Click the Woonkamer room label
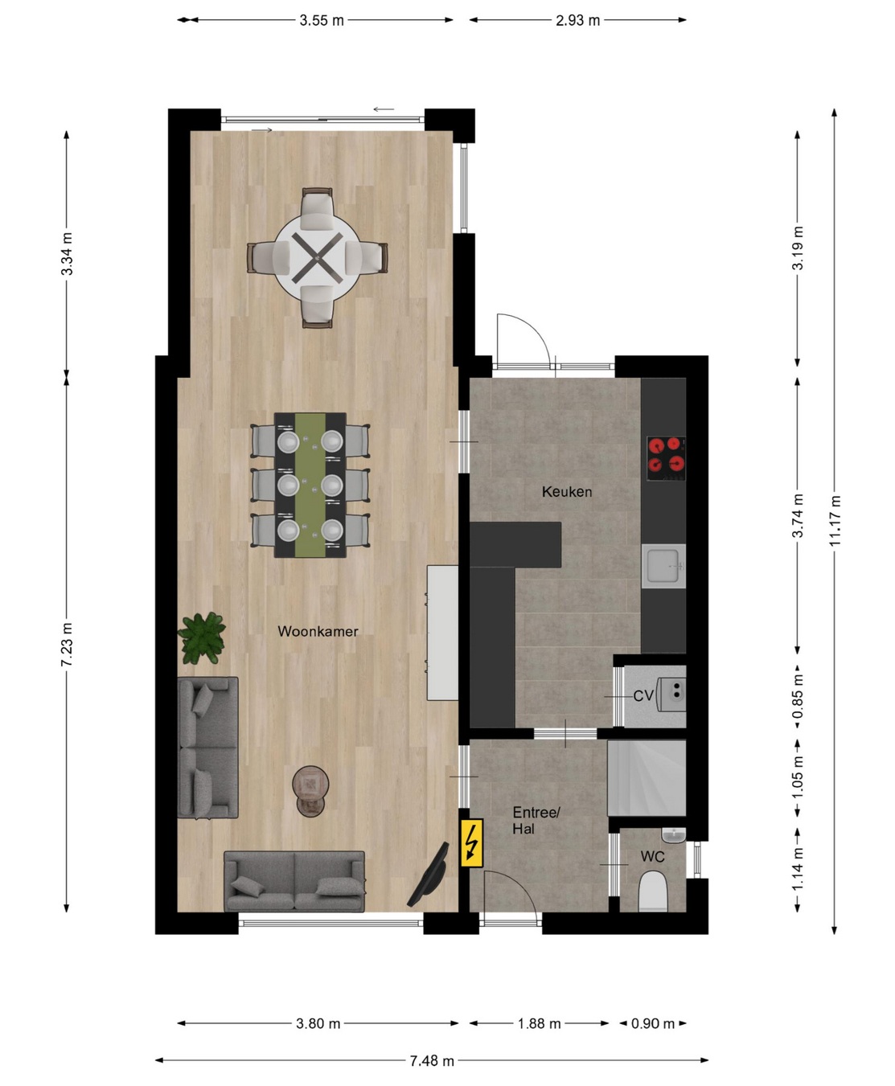coord(318,631)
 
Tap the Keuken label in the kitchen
coord(567,491)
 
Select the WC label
coord(652,857)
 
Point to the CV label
coord(643,696)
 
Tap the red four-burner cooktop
coord(666,459)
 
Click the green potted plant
coord(201,638)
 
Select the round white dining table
coord(317,257)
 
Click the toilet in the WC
coord(652,892)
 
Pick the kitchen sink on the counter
coord(663,566)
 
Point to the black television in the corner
coord(429,875)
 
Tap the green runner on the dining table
coord(310,485)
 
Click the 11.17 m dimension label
coord(835,520)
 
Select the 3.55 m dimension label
coord(322,20)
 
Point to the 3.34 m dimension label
coord(67,254)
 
